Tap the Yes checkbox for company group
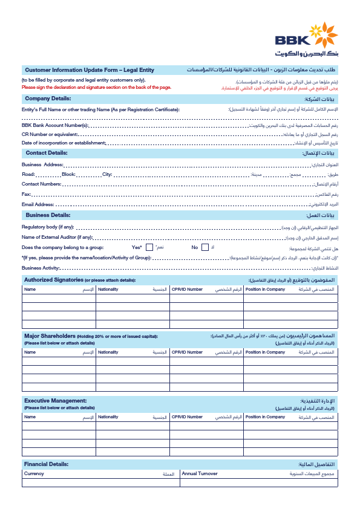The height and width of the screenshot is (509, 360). point(149,247)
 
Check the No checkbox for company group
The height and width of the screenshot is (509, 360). point(205,247)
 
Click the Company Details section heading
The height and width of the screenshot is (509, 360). point(48,98)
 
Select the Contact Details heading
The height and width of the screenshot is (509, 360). point(47,153)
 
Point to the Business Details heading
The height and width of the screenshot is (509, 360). point(48,215)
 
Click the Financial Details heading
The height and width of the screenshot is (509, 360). point(46,464)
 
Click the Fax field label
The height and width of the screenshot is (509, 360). point(26,194)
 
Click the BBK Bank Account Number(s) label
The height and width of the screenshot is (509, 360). point(55,125)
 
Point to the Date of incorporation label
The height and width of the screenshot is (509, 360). point(64,143)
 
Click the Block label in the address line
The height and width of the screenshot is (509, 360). point(68,173)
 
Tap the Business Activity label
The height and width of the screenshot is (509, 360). point(41,268)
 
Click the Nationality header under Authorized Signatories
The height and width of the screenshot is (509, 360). point(108,290)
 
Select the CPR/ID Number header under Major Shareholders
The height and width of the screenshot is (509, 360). point(187,352)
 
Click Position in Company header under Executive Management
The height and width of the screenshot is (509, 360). point(265,417)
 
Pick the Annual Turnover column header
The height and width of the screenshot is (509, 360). point(200,474)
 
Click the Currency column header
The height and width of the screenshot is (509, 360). point(34,474)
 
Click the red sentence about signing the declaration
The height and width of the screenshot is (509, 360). point(97,87)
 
